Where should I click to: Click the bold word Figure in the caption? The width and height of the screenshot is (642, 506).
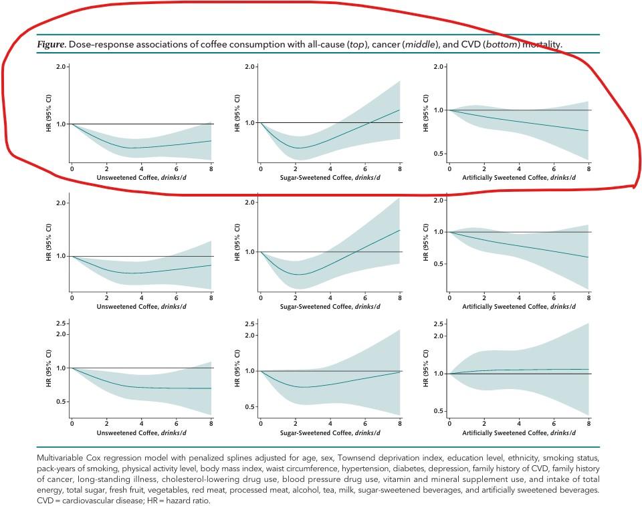[x=51, y=45]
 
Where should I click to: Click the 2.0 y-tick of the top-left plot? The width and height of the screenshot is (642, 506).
[x=62, y=67]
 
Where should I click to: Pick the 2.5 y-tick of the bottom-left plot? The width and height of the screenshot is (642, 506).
[x=62, y=324]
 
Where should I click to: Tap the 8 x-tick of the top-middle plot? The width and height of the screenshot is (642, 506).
[x=400, y=168]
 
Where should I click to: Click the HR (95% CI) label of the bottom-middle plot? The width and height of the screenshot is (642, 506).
[x=237, y=371]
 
